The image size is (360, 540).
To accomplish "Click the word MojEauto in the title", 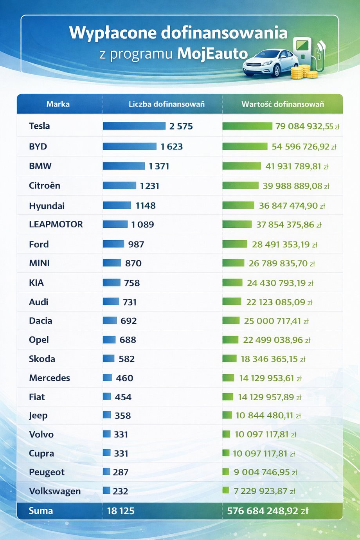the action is coord(212,54).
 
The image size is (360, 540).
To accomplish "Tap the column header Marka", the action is coord(58,104).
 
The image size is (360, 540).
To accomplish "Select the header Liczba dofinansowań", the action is coord(167,104).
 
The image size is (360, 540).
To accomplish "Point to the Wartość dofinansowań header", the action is coord(283,104).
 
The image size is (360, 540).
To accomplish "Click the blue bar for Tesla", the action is coord(134,126).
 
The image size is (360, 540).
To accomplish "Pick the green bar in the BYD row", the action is coord(245,146).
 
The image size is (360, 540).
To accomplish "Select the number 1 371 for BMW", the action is coord(159,166).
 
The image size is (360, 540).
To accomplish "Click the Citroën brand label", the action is coord(44,185).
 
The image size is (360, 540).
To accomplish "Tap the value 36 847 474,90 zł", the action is coord(292,206).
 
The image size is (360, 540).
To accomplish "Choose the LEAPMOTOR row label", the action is coord(56,224).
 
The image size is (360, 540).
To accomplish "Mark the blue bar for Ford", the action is coord(113,244).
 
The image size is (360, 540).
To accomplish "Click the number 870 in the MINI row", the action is coord(133,263).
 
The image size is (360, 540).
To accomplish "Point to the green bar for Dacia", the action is coord(231,320).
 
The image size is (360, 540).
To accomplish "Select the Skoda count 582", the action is coord(126,359).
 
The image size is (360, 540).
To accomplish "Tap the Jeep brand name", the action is coord(38,416).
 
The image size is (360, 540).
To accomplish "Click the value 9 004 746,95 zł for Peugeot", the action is coord(265,472).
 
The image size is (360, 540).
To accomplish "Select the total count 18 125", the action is coord(121,511).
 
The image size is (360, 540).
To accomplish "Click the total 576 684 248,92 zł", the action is coord(268,511).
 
